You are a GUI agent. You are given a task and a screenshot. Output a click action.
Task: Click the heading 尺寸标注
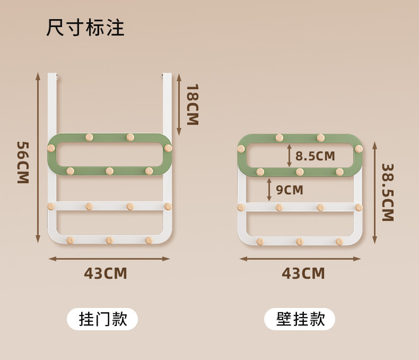[x=85, y=28]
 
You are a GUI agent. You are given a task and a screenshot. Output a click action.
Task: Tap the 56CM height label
[x=22, y=162]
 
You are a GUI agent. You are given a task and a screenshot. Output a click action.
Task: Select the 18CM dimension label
[x=191, y=104]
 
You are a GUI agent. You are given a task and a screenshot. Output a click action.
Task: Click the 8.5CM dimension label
[x=315, y=156]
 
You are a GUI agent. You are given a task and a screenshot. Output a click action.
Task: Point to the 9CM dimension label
[x=290, y=190]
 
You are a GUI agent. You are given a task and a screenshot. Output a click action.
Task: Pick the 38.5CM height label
[x=387, y=192]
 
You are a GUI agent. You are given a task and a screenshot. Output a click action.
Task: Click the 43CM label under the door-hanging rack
[x=106, y=273]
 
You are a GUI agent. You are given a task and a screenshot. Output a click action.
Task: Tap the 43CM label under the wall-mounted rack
[x=303, y=273]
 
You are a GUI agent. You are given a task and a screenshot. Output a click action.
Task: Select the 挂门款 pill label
[x=102, y=319]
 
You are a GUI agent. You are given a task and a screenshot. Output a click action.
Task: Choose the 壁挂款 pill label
[x=300, y=319]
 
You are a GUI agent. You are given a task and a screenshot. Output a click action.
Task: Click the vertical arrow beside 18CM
[x=179, y=104]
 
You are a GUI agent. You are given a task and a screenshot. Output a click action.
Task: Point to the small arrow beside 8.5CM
[x=289, y=156]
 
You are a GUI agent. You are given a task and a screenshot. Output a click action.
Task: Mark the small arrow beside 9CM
[x=269, y=190]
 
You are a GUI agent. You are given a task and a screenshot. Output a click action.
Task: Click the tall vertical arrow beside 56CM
[x=38, y=158]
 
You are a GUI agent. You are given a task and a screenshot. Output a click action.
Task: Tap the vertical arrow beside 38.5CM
[x=374, y=192]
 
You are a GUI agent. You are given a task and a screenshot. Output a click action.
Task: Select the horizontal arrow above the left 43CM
[x=109, y=259]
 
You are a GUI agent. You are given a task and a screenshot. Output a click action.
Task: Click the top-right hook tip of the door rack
[x=162, y=76]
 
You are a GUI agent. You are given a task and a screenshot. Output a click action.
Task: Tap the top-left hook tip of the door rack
[x=57, y=76]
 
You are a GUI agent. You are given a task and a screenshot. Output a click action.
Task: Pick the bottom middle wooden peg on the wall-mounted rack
[x=300, y=242]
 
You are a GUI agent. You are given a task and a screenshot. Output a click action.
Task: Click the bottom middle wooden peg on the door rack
[x=109, y=241]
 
